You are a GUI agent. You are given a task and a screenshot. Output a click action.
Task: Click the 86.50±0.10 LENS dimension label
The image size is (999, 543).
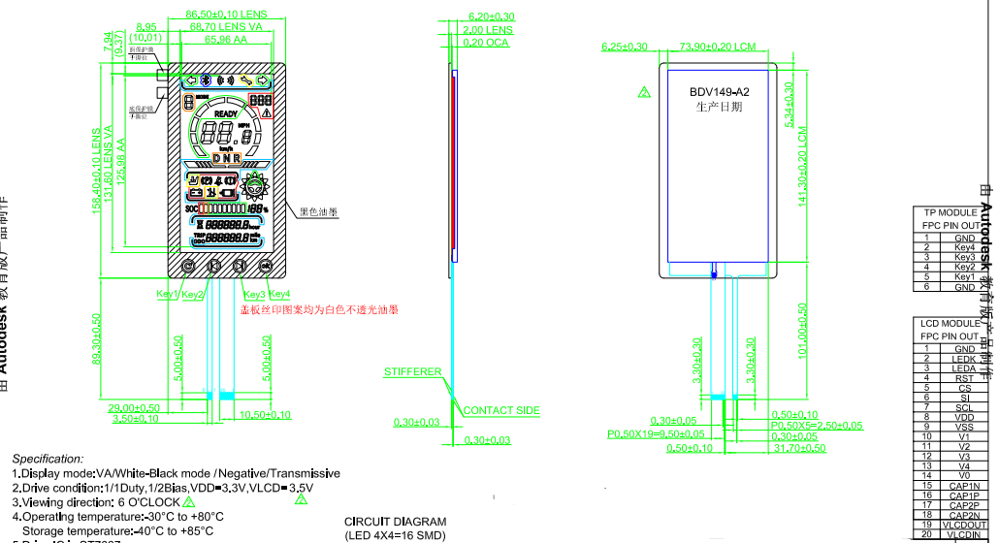pyautogui.click(x=226, y=15)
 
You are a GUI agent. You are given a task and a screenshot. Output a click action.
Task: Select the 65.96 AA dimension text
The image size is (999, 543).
pyautogui.click(x=225, y=40)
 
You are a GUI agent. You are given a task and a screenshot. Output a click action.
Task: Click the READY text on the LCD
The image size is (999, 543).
pyautogui.click(x=225, y=114)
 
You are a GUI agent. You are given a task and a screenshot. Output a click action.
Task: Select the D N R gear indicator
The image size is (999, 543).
pyautogui.click(x=225, y=157)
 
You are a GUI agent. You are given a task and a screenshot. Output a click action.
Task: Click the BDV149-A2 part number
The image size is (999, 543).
pyautogui.click(x=720, y=92)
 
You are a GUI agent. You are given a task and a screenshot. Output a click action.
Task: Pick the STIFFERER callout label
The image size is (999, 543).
pyautogui.click(x=413, y=372)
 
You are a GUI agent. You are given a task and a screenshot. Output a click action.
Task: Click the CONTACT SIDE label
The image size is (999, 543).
pyautogui.click(x=501, y=411)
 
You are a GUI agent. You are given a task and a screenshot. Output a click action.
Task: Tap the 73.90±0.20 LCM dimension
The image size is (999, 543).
pyautogui.click(x=718, y=47)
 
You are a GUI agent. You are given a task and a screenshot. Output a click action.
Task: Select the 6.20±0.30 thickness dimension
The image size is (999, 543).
pyautogui.click(x=491, y=17)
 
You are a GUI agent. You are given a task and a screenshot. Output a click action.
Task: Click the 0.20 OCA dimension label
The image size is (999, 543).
pyautogui.click(x=487, y=43)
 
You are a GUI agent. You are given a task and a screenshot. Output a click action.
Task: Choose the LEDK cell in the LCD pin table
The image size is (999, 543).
pyautogui.click(x=964, y=359)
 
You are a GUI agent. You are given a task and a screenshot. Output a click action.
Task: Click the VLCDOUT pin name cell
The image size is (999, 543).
pyautogui.click(x=964, y=525)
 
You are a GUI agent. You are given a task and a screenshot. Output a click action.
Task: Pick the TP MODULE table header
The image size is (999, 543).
pyautogui.click(x=951, y=212)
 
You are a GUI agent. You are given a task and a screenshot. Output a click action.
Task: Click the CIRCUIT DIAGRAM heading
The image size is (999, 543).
pyautogui.click(x=396, y=523)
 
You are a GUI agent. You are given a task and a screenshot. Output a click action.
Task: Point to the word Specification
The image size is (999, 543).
pyautogui.click(x=48, y=459)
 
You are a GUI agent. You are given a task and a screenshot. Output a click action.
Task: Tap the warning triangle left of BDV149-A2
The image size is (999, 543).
pyautogui.click(x=643, y=92)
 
